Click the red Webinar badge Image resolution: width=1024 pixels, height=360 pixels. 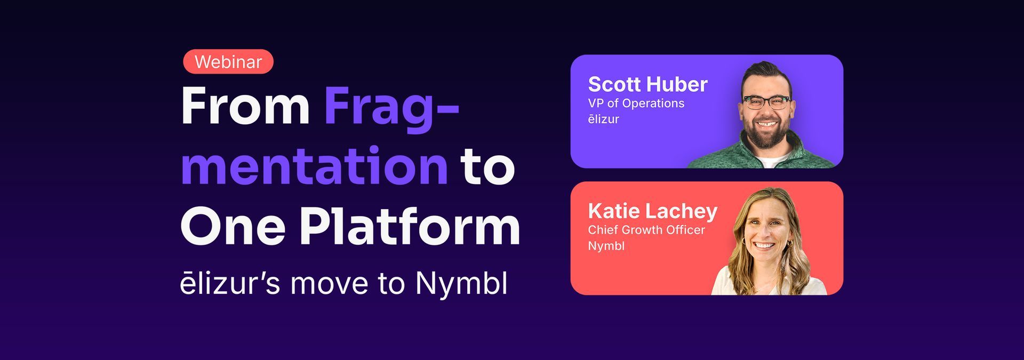coord(228,62)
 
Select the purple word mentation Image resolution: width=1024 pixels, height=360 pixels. coord(315,166)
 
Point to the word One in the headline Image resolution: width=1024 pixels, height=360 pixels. coord(233,227)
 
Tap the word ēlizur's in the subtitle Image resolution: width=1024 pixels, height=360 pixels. coord(230,283)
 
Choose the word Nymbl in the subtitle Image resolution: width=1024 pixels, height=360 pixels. coord(461,283)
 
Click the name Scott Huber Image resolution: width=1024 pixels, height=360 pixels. coord(647,84)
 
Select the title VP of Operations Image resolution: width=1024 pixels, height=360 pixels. coord(636,103)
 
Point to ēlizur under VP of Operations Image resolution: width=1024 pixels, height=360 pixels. coord(604,119)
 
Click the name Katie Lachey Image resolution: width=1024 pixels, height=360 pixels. coord(653,211)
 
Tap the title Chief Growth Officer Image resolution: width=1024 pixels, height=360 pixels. coord(646,230)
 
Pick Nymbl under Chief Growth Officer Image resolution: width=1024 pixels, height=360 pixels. coord(606,246)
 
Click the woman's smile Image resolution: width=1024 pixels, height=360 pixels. coord(764,246)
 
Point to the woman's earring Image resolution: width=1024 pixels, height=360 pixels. coord(789,243)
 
